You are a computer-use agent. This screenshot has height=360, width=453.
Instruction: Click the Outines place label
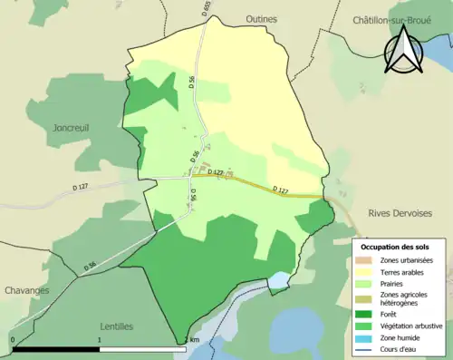click(x=262, y=18)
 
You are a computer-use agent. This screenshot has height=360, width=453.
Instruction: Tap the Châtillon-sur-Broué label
click(x=390, y=18)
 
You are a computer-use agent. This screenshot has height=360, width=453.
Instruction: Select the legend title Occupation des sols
click(x=395, y=246)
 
